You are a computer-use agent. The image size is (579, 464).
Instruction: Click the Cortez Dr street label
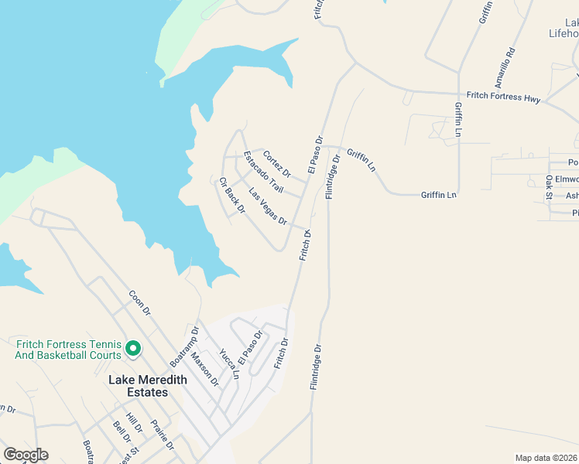(x=276, y=162)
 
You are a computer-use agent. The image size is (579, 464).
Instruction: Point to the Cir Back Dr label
(x=231, y=196)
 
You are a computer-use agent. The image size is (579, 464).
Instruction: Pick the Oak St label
(x=549, y=187)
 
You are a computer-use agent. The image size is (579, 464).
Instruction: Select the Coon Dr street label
(x=139, y=302)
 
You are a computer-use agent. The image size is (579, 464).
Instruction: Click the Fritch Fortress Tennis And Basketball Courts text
(x=68, y=350)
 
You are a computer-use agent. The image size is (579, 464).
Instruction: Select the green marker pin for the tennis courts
(x=132, y=349)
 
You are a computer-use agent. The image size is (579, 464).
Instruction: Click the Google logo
(x=26, y=455)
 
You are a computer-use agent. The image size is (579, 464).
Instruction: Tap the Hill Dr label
(x=134, y=423)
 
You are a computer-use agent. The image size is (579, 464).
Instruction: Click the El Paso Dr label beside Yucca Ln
(x=251, y=348)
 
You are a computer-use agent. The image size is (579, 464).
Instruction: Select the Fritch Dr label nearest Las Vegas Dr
(x=305, y=244)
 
